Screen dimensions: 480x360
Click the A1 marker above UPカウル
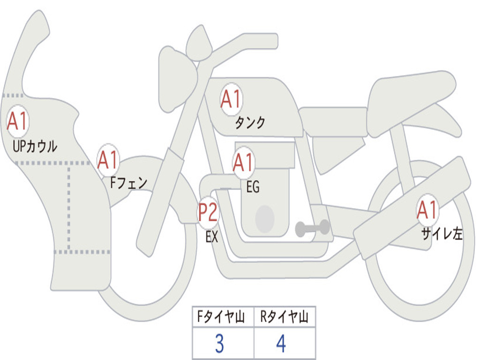tap(18, 121)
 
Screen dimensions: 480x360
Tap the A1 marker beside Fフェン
tap(108, 160)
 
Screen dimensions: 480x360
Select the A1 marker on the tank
tap(232, 99)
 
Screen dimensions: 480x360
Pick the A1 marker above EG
tap(244, 162)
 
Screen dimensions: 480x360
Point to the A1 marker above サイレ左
tap(427, 210)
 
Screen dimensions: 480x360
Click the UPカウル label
tap(35, 146)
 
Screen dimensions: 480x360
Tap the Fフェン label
tap(128, 183)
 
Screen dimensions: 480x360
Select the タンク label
tap(250, 122)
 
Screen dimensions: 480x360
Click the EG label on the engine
tap(253, 187)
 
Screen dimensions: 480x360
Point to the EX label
tap(212, 237)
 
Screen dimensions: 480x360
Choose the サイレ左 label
tap(442, 233)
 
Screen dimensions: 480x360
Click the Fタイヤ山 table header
tap(221, 316)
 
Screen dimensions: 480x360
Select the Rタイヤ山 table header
tap(284, 316)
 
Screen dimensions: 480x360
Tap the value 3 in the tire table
tap(219, 344)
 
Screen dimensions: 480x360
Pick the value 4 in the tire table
tap(281, 344)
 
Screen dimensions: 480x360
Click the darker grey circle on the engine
tap(265, 219)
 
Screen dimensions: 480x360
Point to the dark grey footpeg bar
tap(312, 228)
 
